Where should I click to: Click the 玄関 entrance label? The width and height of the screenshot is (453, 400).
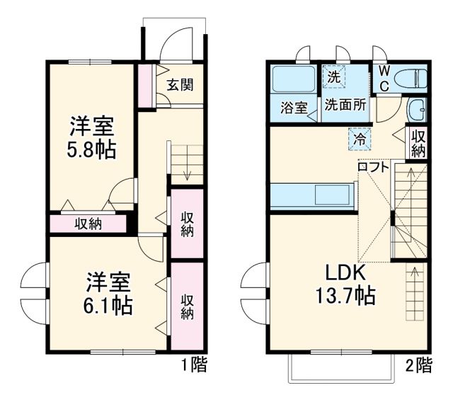coord(180,85)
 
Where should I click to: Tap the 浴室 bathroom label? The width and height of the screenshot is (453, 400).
coord(293,109)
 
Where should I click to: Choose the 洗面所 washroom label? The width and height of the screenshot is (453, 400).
coord(345,104)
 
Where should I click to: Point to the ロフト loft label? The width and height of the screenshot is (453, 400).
coord(372,167)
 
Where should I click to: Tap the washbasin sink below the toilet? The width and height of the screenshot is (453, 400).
coord(417,111)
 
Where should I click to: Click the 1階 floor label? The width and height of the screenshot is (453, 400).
coord(193,366)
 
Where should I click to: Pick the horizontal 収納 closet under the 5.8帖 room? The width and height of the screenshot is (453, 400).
coord(89,224)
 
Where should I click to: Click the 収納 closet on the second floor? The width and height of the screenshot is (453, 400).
coord(418,143)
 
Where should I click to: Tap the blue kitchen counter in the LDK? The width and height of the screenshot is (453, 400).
coord(311,194)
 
